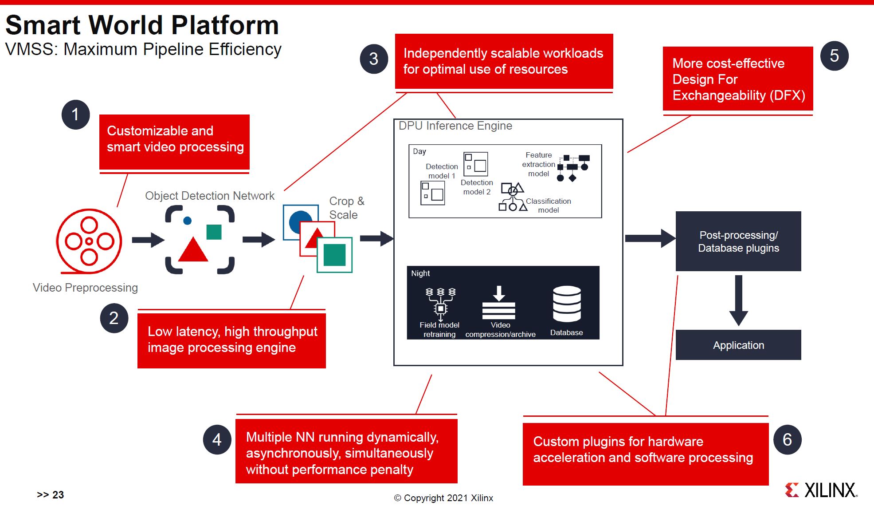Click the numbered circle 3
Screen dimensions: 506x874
coord(374,59)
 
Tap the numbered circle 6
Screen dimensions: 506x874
coord(787,440)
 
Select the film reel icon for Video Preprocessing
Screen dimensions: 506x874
coord(89,241)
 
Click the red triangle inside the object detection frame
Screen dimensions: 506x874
coord(193,250)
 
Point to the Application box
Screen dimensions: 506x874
coord(738,345)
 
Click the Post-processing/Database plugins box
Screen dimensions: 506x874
coord(738,241)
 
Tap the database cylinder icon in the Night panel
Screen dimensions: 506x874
coord(567,304)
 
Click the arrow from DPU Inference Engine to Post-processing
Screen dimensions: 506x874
coord(650,238)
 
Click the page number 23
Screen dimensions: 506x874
coord(58,495)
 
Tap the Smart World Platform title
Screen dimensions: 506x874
coord(142,25)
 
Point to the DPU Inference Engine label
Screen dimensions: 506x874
coord(455,126)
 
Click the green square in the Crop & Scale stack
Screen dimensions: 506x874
coord(334,255)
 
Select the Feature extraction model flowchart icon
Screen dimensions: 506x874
coord(573,168)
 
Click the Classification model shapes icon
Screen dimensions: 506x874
coord(513,197)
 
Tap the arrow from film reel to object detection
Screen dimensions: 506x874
coord(148,240)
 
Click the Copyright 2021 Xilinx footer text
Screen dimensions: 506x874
coord(443,498)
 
